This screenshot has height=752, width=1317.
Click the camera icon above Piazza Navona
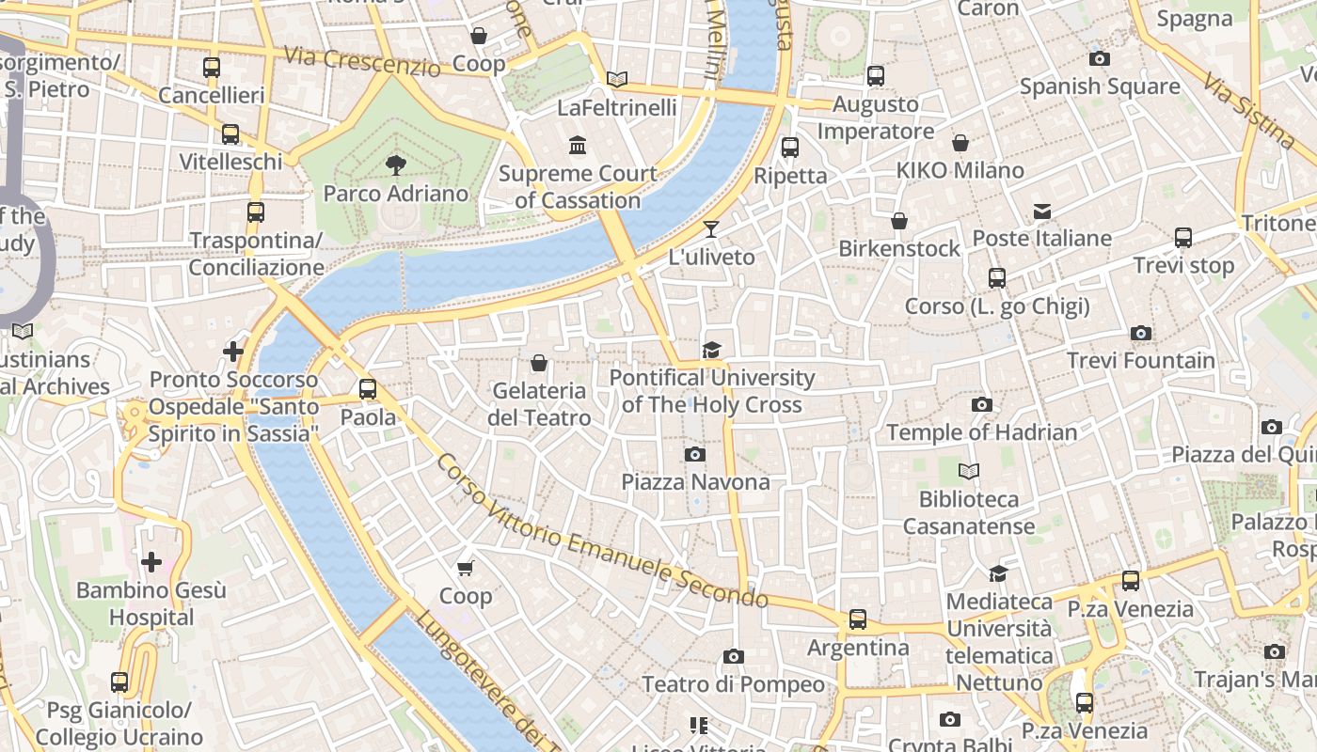695,455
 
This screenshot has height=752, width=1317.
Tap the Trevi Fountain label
1140,361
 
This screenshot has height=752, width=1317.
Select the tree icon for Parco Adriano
396,165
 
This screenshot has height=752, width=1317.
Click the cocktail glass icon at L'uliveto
711,229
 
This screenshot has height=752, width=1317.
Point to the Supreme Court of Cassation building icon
578,146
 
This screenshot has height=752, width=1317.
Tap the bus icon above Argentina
858,619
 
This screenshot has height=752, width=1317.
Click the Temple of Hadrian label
981,432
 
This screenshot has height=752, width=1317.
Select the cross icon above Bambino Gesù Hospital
151,562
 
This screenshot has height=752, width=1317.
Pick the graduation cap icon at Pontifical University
711,351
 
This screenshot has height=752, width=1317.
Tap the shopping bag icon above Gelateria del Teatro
539,363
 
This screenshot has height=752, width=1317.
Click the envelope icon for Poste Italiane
1042,211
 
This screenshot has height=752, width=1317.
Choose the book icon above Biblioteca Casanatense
969,471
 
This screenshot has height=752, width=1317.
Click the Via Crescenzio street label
361,62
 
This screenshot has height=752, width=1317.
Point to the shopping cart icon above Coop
466,568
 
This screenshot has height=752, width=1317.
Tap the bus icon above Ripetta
790,148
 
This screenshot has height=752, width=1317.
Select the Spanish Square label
1100,86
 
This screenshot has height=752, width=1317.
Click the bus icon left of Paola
368,389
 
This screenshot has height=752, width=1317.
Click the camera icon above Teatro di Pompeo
734,656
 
